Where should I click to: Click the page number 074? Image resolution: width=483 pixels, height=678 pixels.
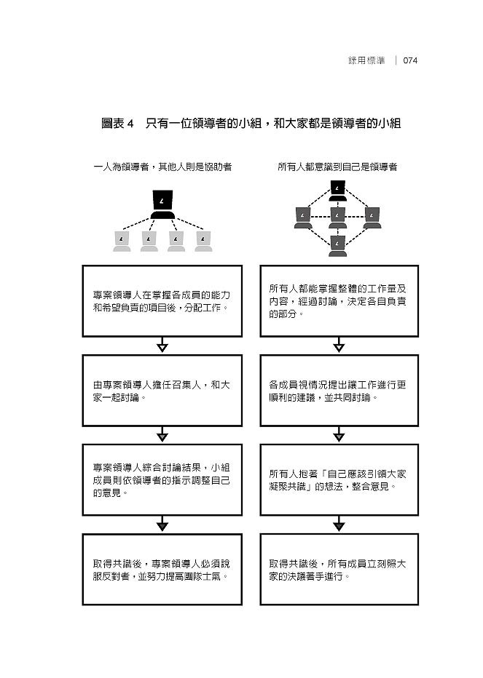pyautogui.click(x=410, y=60)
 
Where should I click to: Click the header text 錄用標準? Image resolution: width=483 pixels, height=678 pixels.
pyautogui.click(x=366, y=60)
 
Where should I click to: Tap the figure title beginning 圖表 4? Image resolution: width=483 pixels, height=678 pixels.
pyautogui.click(x=251, y=123)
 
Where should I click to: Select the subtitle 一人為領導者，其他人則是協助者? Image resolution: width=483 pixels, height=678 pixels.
pyautogui.click(x=162, y=167)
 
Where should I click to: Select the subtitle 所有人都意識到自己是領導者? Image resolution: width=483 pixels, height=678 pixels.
pyautogui.click(x=337, y=167)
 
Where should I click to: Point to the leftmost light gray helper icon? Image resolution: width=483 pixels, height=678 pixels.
pyautogui.click(x=122, y=242)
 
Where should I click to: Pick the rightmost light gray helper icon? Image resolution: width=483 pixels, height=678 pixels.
pyautogui.click(x=203, y=242)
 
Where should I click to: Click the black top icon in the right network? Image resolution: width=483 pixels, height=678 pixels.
pyautogui.click(x=338, y=191)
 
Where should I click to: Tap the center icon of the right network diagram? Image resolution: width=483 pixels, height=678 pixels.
pyautogui.click(x=338, y=218)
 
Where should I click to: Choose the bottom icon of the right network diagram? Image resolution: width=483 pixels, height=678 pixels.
pyautogui.click(x=338, y=246)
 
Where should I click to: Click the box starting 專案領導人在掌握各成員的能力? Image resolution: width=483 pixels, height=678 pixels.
pyautogui.click(x=162, y=301)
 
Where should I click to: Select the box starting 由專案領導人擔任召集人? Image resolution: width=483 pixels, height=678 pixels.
pyautogui.click(x=162, y=391)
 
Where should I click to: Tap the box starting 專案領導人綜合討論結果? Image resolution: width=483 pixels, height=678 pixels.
pyautogui.click(x=162, y=480)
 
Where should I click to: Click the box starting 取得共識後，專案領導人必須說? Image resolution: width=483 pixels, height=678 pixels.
pyautogui.click(x=162, y=570)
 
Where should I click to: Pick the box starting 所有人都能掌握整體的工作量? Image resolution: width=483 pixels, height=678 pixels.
pyautogui.click(x=339, y=301)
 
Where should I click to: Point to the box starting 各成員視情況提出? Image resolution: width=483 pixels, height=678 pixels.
pyautogui.click(x=339, y=391)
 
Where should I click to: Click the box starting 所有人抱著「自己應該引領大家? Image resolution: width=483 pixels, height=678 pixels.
pyautogui.click(x=339, y=480)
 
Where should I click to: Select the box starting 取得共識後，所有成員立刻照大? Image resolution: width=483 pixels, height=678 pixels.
pyautogui.click(x=339, y=570)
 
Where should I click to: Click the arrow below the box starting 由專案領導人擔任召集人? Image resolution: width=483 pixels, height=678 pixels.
pyautogui.click(x=162, y=434)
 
